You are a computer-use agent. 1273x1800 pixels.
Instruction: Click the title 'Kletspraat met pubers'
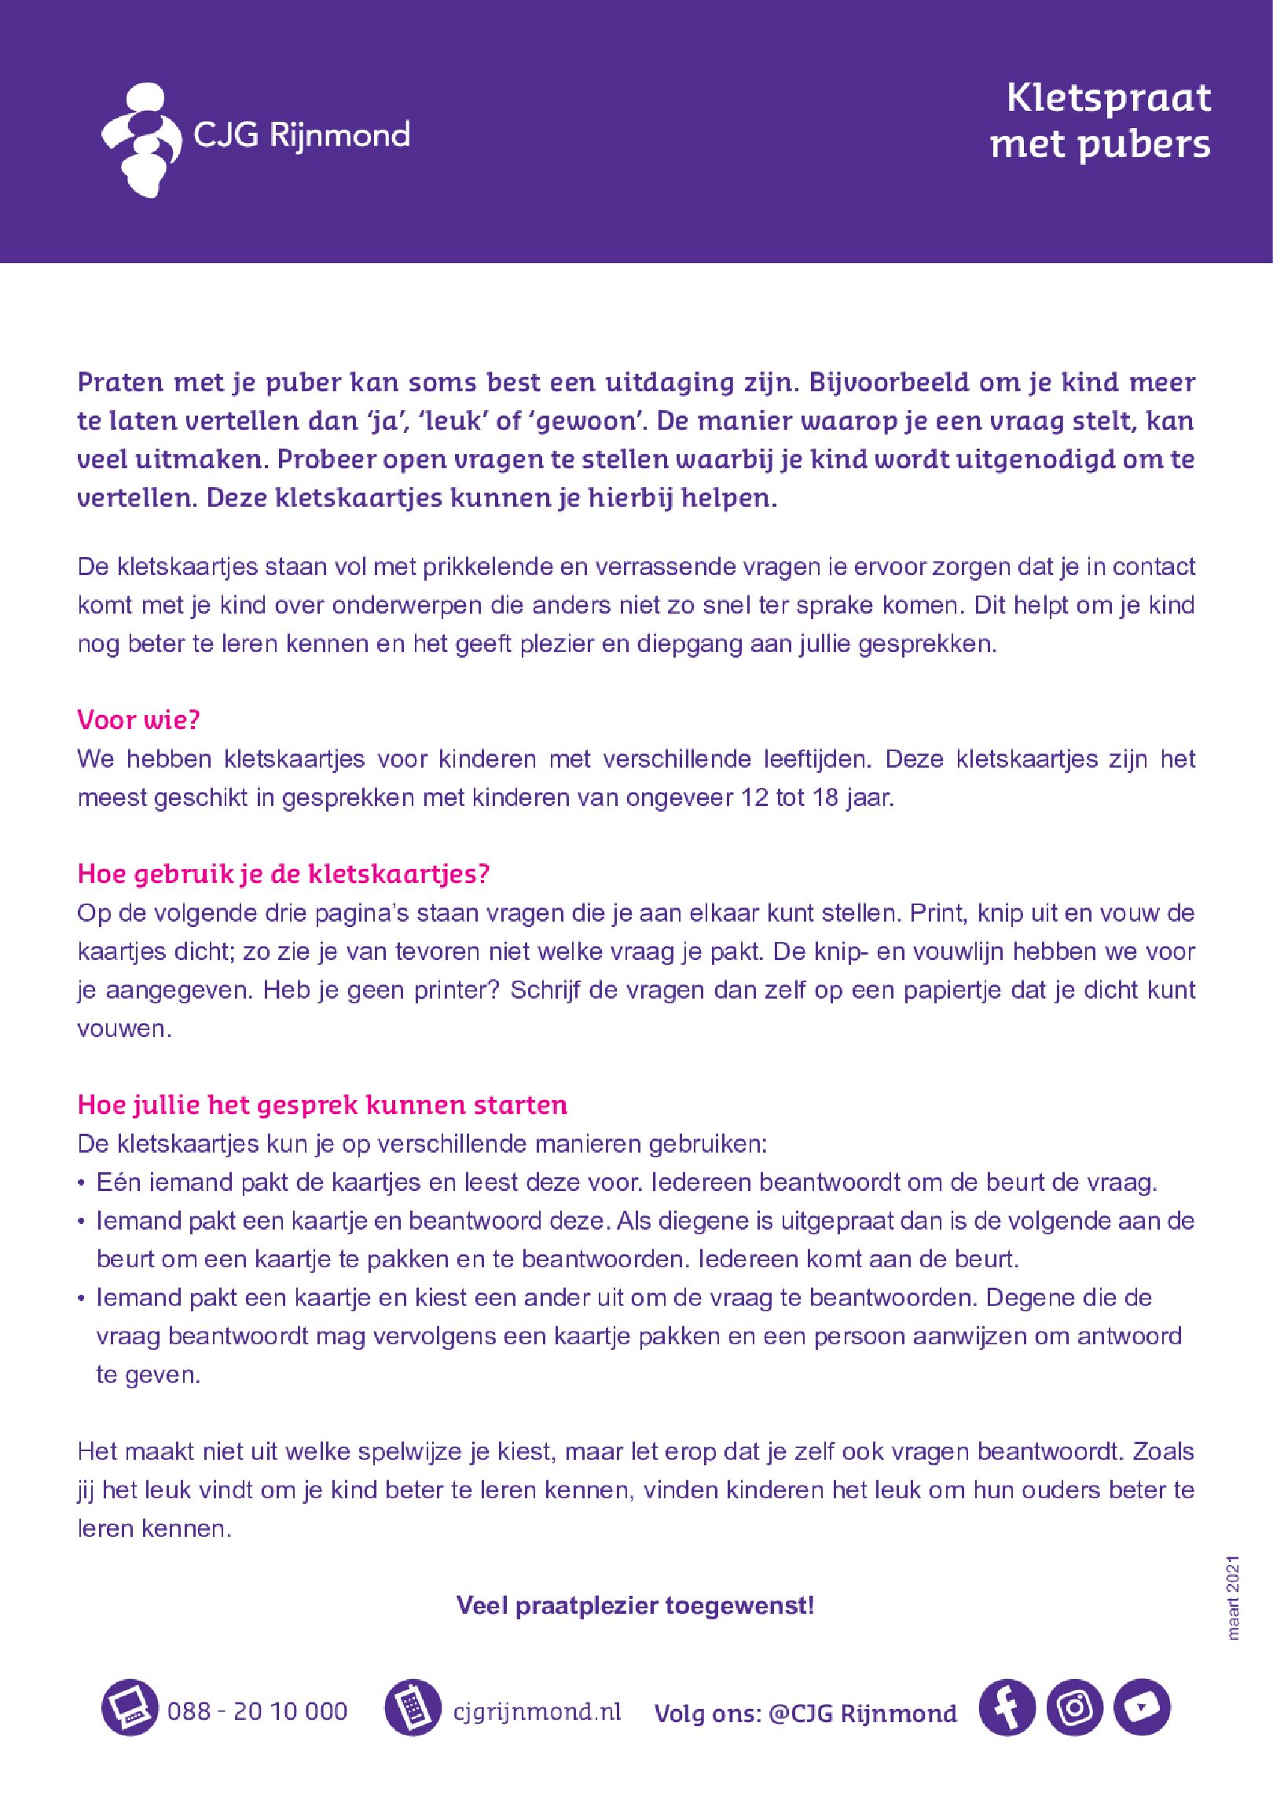[x=1101, y=122]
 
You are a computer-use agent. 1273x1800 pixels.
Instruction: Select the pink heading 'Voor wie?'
[x=139, y=720]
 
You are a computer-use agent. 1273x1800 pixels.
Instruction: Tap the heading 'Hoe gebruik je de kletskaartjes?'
[x=284, y=874]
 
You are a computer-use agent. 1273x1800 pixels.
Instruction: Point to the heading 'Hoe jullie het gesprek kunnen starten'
[x=322, y=1105]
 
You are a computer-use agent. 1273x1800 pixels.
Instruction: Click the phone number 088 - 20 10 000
[x=257, y=1711]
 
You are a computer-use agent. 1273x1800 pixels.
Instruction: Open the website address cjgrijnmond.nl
[x=537, y=1711]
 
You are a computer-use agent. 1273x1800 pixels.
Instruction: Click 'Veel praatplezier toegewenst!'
[x=635, y=1605]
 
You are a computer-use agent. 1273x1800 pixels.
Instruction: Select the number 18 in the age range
[x=826, y=797]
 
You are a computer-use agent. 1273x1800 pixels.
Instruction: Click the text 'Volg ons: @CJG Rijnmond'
[x=805, y=1714]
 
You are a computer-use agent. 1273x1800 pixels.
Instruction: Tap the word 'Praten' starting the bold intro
[x=120, y=383]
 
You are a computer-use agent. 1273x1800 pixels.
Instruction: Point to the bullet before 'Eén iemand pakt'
[x=82, y=1183]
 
